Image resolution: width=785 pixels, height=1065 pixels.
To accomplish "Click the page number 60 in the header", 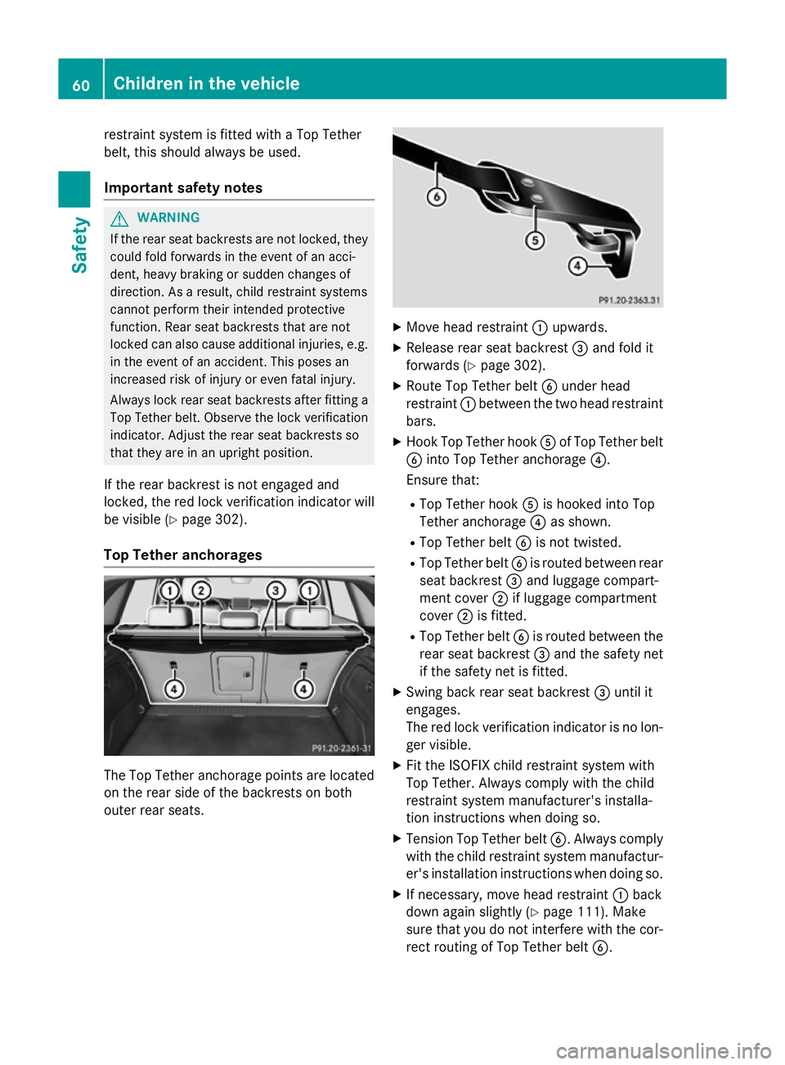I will [x=81, y=84].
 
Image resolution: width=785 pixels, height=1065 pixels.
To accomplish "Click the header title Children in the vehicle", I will [x=206, y=83].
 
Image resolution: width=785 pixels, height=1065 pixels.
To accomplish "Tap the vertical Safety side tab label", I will [x=79, y=245].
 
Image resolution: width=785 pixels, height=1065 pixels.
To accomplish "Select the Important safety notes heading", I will [x=183, y=188].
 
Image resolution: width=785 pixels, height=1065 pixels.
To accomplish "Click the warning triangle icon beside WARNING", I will [x=120, y=218].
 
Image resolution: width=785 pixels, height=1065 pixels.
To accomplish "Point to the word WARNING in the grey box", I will [x=168, y=218].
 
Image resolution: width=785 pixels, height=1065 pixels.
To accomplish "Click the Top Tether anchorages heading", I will [x=183, y=555].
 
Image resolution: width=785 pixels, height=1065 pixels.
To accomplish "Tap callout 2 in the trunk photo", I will [x=201, y=591].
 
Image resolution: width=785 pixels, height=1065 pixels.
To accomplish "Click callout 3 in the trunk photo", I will [x=276, y=591].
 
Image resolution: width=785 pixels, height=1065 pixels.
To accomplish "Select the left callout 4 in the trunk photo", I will [x=173, y=689].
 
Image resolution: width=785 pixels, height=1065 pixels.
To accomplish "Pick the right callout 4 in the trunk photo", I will [x=303, y=689].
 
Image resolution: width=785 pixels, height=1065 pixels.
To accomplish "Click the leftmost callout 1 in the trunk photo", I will [x=169, y=591].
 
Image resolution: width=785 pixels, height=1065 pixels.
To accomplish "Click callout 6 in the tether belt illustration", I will [x=437, y=197].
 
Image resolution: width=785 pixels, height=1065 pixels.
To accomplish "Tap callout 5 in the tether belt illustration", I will [x=535, y=240].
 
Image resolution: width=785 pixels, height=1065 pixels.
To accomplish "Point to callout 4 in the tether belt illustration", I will [x=577, y=266].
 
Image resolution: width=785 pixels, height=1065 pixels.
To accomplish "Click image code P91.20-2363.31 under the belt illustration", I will [x=629, y=300].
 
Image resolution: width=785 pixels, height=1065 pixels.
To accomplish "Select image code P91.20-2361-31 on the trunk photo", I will [x=341, y=748].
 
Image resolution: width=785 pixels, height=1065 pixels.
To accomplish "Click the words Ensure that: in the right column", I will [x=442, y=480].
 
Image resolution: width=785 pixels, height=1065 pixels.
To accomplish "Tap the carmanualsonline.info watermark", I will [x=663, y=1050].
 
